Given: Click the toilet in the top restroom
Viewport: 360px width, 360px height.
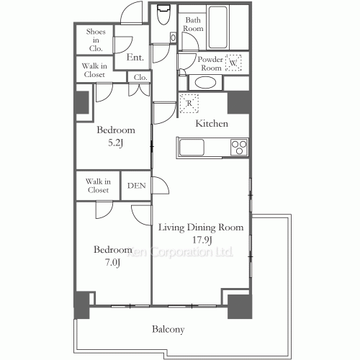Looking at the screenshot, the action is click(163, 14).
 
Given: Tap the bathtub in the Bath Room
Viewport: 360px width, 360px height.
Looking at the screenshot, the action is click(217, 27).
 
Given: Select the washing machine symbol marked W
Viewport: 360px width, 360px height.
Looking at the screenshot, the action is click(233, 63).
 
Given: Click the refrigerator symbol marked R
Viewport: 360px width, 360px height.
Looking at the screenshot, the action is click(189, 104).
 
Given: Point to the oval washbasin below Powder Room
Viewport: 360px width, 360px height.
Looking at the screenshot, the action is click(205, 83).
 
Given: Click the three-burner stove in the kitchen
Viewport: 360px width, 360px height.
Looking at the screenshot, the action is click(239, 147).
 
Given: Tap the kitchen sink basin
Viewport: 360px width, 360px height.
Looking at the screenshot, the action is click(192, 147).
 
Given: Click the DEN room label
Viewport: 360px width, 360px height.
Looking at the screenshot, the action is click(137, 186).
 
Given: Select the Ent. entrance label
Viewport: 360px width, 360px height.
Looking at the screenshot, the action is click(135, 58).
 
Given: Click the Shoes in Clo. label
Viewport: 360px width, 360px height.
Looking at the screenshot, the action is click(96, 40).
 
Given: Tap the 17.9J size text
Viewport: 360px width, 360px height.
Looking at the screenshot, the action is click(202, 240).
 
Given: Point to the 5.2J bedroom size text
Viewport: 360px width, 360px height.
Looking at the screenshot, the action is click(116, 143).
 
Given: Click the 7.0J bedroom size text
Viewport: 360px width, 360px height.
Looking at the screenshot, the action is click(112, 263).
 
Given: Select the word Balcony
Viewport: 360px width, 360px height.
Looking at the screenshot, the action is click(168, 329).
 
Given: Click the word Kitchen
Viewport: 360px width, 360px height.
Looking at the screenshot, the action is click(212, 124).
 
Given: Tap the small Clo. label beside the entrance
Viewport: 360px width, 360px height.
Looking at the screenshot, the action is click(140, 77).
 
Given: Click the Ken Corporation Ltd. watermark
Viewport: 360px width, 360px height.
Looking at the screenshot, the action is click(180, 252).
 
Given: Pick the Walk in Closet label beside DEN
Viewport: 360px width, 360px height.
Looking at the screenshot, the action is click(98, 186).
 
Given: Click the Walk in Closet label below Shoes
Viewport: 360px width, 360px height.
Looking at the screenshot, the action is click(94, 70).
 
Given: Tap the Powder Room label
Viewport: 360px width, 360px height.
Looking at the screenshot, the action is click(210, 63).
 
